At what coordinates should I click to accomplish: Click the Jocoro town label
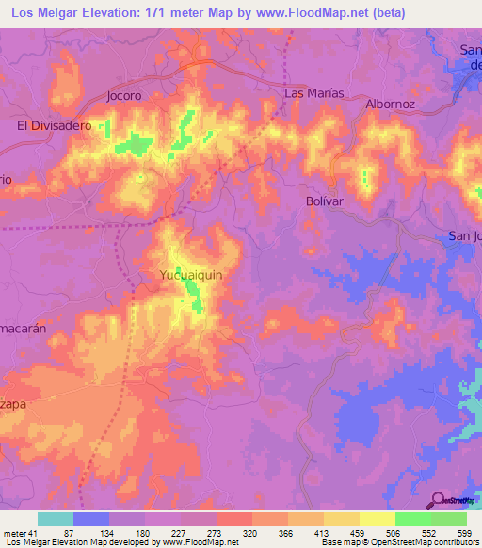123,96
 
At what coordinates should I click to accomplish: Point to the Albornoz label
390,105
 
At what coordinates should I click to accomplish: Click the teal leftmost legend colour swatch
56,519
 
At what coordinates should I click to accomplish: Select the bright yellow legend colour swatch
378,519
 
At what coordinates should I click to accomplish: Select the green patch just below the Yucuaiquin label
194,301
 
